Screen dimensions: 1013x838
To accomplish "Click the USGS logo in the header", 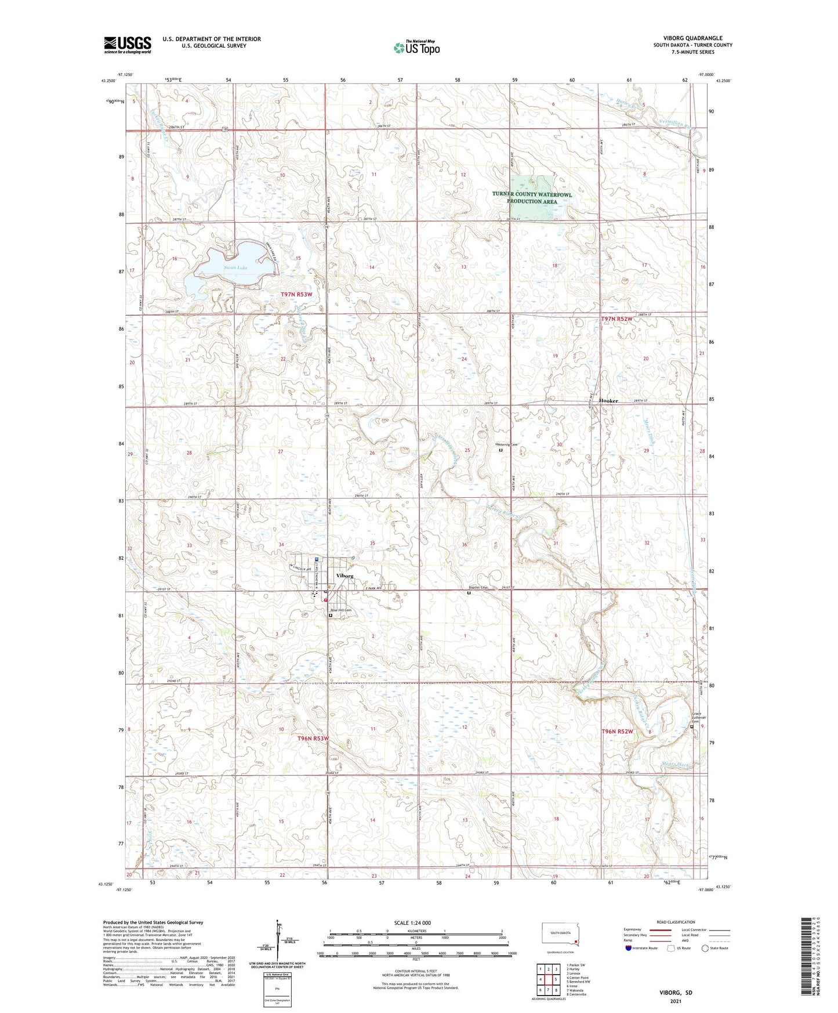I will pos(128,45).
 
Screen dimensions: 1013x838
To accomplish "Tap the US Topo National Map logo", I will pos(416,48).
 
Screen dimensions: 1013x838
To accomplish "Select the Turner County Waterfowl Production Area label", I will pos(532,198).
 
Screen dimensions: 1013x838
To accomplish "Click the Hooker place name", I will pos(609,401).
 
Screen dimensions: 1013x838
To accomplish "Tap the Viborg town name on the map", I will pos(345,576).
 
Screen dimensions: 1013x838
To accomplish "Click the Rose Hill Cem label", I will pos(341,610).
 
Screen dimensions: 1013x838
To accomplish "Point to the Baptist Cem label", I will pos(483,588).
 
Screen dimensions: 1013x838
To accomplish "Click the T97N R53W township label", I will pos(296,295).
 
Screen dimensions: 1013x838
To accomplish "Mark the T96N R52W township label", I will pos(616,732).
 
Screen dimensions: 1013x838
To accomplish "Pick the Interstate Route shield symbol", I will pos(629,949).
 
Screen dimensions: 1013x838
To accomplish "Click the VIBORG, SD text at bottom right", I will pos(676,993).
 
